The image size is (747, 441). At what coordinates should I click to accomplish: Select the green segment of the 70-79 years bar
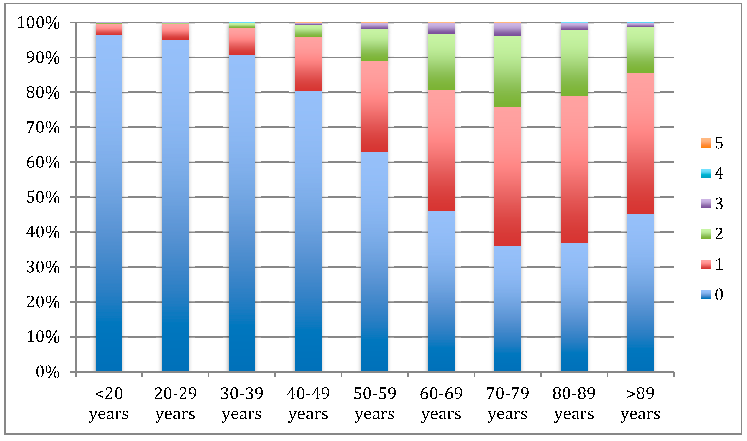coord(507,71)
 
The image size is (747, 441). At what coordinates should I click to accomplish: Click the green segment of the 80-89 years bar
coord(574,63)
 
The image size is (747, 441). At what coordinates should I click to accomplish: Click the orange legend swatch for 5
coord(706,143)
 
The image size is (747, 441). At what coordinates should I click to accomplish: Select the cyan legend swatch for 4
coord(706,173)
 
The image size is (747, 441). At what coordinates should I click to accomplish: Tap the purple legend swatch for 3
coord(706,204)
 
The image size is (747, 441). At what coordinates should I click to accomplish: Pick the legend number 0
coord(719,294)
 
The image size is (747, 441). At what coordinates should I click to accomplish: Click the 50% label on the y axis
coord(43,197)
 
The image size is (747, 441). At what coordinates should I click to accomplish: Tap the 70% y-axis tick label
coord(43,128)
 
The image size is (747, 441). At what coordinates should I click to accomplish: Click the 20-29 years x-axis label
coord(175,403)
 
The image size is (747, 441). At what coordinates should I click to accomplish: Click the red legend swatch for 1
coord(706,264)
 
